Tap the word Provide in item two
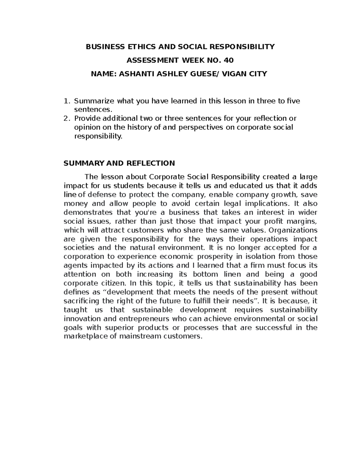point(87,119)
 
